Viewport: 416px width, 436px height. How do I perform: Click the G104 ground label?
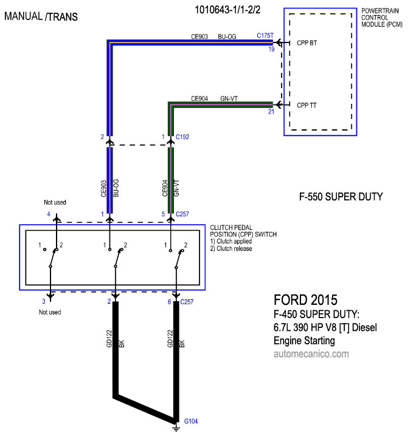coord(191,421)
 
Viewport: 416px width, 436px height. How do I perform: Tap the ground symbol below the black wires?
coord(176,427)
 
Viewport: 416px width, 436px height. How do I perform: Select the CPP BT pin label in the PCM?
coord(307,43)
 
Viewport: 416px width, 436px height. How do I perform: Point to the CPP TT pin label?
coord(307,106)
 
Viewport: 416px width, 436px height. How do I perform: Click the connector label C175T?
coord(265,36)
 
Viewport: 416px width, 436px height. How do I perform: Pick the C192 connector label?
coord(182,137)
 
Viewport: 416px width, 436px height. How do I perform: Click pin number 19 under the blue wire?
coord(271,49)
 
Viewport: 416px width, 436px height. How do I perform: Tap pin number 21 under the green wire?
coord(271,112)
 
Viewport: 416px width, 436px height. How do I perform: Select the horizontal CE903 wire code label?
coord(199,36)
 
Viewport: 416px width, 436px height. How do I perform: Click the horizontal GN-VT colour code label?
coord(229,98)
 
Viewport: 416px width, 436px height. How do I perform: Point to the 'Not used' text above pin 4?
coord(55,202)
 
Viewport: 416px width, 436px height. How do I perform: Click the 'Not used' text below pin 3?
coord(50,312)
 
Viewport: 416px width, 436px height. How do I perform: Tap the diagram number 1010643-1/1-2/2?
coord(227,10)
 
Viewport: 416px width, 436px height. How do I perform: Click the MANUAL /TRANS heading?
coord(41,16)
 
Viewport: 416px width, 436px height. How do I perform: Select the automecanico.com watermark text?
coord(311,354)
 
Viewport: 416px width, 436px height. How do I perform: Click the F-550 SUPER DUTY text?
coord(341,197)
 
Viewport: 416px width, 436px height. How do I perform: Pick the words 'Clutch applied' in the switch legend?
coord(234,241)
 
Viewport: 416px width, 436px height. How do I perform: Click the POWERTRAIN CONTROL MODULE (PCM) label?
coord(382,18)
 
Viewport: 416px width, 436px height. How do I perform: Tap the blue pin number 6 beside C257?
coord(169,302)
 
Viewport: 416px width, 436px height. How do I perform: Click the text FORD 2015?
coord(305,300)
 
